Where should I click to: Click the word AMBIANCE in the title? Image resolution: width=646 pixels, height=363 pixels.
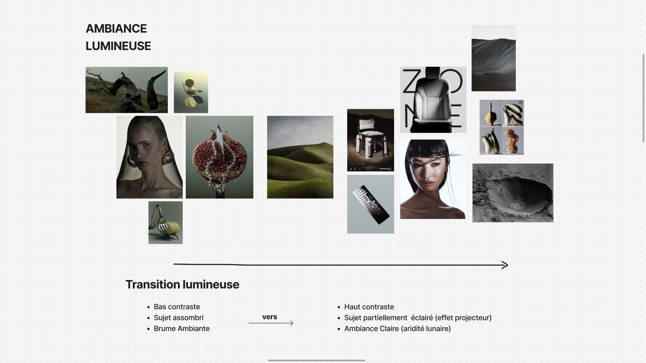pos(116,29)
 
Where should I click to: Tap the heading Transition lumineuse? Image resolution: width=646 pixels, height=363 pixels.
pos(182,284)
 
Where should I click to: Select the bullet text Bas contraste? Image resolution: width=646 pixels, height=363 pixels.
pos(177,307)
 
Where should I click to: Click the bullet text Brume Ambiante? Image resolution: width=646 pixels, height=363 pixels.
pos(182,328)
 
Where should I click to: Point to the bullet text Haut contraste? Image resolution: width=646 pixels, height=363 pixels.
pos(369,307)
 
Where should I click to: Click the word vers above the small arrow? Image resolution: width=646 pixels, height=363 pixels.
pos(270,317)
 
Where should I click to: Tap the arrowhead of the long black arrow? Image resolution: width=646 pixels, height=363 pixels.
pos(505,265)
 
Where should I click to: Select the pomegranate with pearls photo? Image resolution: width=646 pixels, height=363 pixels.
pos(220,157)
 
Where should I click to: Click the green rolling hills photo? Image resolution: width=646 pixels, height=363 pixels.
pos(300,157)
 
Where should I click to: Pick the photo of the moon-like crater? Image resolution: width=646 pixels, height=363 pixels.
pos(513,193)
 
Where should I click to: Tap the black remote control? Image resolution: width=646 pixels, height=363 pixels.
pos(371,204)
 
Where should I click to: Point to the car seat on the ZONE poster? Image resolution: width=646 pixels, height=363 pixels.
pos(432,99)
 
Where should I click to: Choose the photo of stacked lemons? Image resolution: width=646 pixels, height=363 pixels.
pos(191,92)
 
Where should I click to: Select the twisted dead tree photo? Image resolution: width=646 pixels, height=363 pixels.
pos(127,90)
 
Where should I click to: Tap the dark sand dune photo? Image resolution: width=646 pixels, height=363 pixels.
pos(494,58)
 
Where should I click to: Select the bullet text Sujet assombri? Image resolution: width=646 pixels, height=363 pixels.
pos(178,317)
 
